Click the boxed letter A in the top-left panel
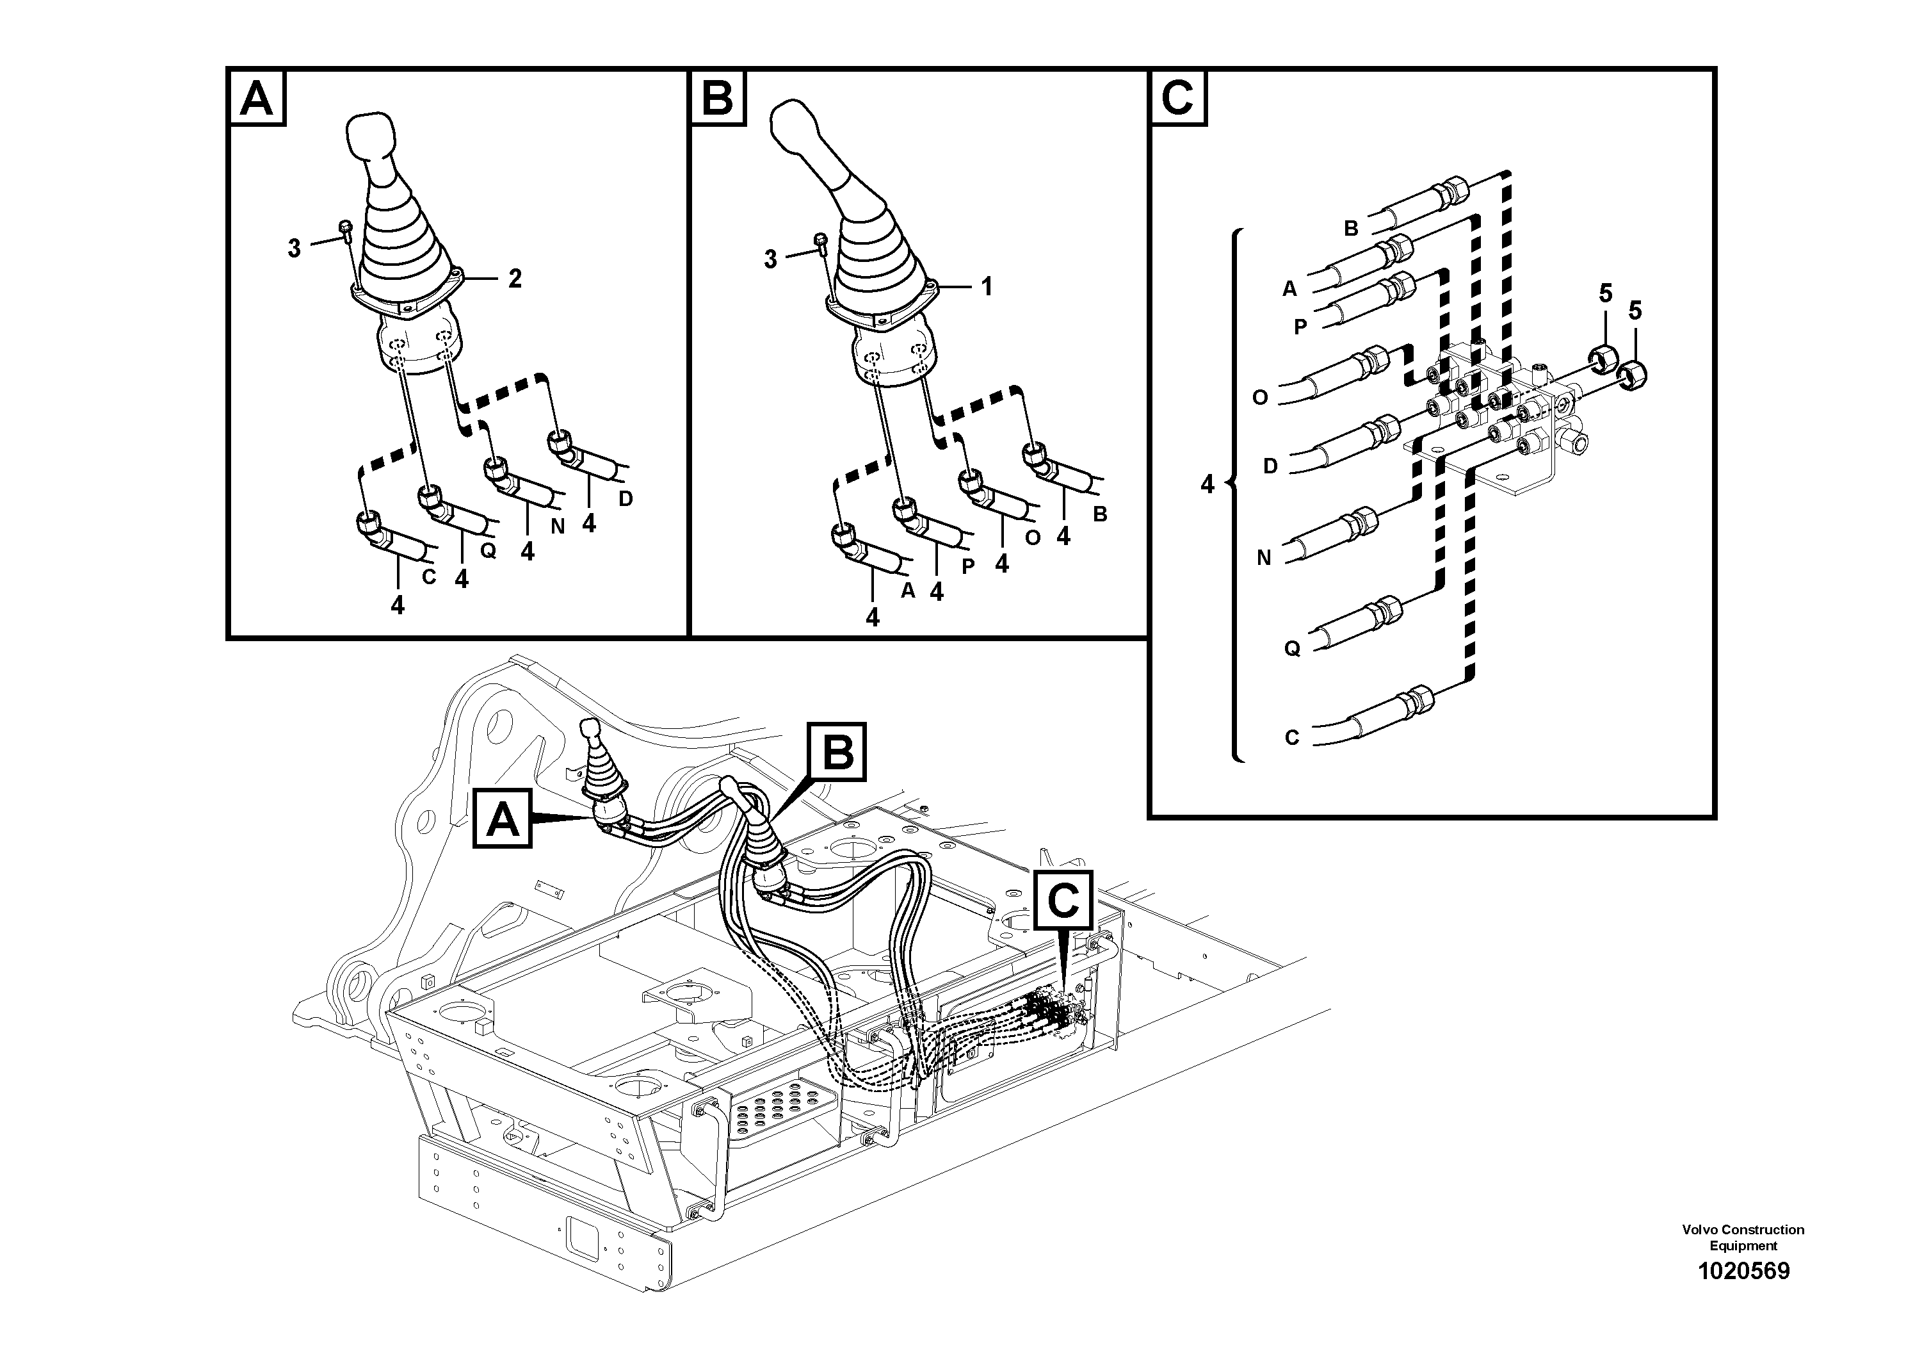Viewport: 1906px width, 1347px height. tap(257, 99)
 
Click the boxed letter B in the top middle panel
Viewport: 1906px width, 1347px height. tap(716, 99)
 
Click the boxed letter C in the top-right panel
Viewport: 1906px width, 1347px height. tap(1177, 99)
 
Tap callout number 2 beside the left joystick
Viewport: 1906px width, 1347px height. tap(515, 279)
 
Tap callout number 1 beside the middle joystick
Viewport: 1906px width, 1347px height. tap(986, 288)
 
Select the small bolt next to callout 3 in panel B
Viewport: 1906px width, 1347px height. tap(820, 241)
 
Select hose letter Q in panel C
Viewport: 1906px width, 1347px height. tap(1292, 649)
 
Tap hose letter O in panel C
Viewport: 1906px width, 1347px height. tap(1259, 398)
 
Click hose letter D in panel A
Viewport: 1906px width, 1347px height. tap(626, 498)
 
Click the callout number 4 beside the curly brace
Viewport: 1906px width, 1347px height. tap(1207, 484)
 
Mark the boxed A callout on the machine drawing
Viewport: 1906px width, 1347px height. tap(502, 820)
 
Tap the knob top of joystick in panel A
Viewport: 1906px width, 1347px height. tap(370, 135)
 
